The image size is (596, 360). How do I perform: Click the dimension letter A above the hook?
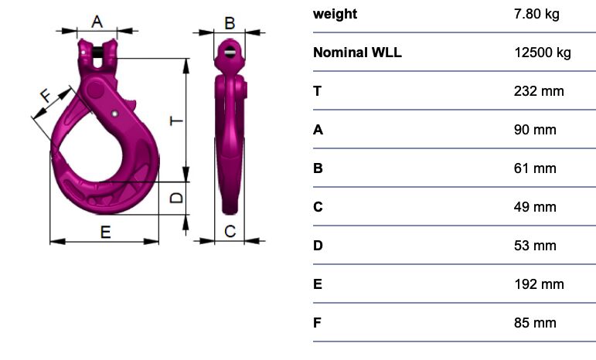click(x=97, y=22)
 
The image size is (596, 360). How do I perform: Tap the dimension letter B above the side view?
click(x=230, y=23)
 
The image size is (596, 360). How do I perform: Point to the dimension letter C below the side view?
click(x=230, y=231)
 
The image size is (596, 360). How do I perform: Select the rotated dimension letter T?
click(x=177, y=121)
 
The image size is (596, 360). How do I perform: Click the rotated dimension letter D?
click(x=177, y=198)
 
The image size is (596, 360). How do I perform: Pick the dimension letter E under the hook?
click(x=106, y=232)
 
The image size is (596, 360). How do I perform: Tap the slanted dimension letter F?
click(x=46, y=95)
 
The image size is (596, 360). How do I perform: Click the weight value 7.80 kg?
click(x=536, y=14)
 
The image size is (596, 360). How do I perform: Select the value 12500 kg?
click(x=543, y=53)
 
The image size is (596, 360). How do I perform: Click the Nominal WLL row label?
click(x=357, y=53)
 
